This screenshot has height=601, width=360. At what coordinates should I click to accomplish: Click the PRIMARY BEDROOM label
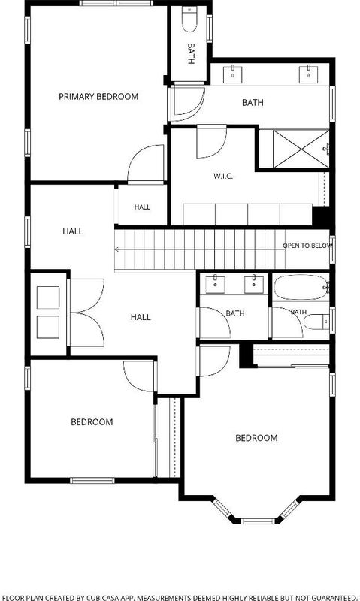[x=98, y=97]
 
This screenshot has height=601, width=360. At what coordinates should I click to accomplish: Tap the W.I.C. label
[x=223, y=177]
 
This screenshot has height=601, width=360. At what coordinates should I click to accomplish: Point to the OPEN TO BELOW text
[x=307, y=246]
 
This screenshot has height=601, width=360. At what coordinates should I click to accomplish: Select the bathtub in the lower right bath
[x=301, y=288]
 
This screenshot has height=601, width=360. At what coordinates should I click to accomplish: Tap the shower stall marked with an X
[x=301, y=149]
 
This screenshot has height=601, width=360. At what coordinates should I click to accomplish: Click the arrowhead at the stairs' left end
[x=116, y=249]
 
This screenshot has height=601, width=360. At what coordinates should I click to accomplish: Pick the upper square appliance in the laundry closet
[x=48, y=297]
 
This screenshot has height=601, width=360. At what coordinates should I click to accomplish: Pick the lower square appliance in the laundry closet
[x=48, y=327]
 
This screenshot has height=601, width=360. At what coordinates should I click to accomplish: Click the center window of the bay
[x=259, y=521]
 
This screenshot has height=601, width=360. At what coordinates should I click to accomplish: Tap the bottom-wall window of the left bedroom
[x=92, y=480]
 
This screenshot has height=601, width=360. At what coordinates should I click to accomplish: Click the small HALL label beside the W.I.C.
[x=142, y=207]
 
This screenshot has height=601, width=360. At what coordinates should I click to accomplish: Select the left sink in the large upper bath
[x=233, y=74]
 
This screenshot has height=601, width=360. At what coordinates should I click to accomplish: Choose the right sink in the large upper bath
[x=308, y=74]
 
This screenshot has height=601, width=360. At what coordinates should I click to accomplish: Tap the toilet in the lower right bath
[x=316, y=322]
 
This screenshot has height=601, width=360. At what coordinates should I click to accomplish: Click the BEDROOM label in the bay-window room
[x=256, y=438]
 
